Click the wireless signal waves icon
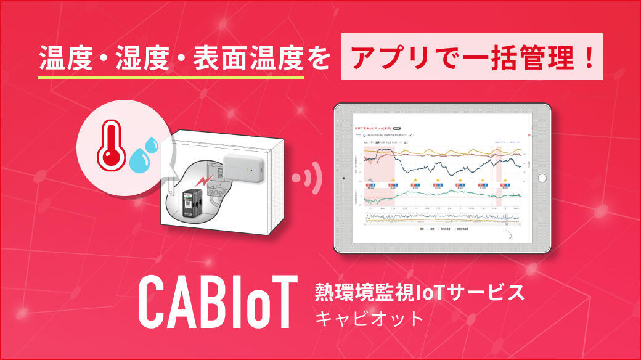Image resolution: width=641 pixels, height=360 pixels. [x=308, y=177]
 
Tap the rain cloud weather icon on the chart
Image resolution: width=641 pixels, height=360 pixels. [x=372, y=184]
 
